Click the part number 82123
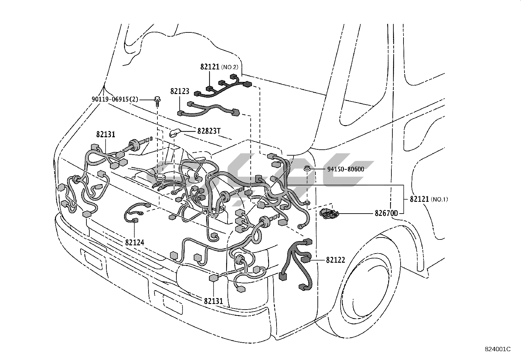[180, 91]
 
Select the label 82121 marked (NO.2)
[210, 67]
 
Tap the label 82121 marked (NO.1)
[419, 199]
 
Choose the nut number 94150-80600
[346, 169]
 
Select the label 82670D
[386, 214]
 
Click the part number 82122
[335, 260]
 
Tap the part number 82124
[135, 242]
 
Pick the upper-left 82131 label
[106, 134]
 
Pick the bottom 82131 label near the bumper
[213, 301]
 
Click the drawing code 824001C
[497, 349]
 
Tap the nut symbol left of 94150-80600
[307, 169]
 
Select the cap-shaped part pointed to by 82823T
[174, 133]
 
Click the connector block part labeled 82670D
[329, 213]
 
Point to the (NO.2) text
[230, 67]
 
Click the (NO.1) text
[439, 199]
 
